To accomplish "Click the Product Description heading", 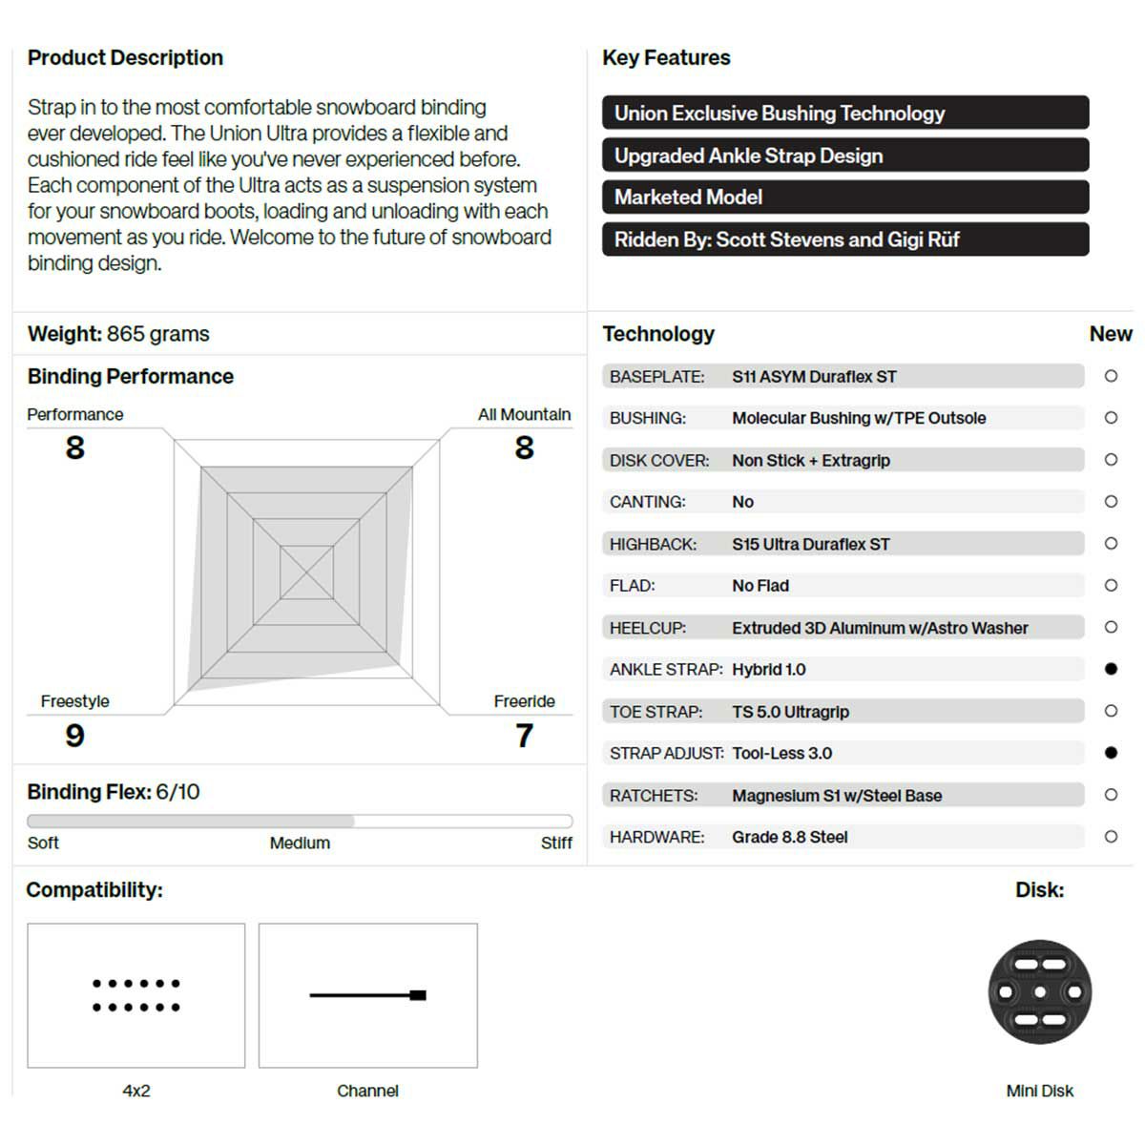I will pyautogui.click(x=125, y=57).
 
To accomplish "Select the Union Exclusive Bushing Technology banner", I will pyautogui.click(x=844, y=113).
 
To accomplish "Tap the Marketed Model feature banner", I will pyautogui.click(x=844, y=198).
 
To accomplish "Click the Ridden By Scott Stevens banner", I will pyautogui.click(x=844, y=239).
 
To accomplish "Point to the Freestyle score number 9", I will pyautogui.click(x=74, y=736).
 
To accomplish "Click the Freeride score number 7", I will pyautogui.click(x=524, y=736).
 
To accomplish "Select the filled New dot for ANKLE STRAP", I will pyautogui.click(x=1111, y=669).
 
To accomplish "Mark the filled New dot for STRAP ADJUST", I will pyautogui.click(x=1111, y=753).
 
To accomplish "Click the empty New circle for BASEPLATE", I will pyautogui.click(x=1111, y=376).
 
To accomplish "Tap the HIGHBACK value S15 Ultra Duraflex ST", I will pyautogui.click(x=810, y=544).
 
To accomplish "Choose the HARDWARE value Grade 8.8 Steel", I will pyautogui.click(x=789, y=837).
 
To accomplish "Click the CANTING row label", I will pyautogui.click(x=647, y=502).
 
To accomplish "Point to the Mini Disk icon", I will pyautogui.click(x=1039, y=992).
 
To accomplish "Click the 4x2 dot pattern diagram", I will pyautogui.click(x=136, y=995).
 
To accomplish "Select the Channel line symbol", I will pyautogui.click(x=367, y=995).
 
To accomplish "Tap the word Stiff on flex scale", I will pyautogui.click(x=556, y=843).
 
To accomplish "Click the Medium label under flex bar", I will pyautogui.click(x=300, y=843).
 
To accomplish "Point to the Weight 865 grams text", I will pyautogui.click(x=118, y=334).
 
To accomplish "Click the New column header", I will pyautogui.click(x=1110, y=334).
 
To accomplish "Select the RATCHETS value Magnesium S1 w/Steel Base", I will pyautogui.click(x=836, y=795).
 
